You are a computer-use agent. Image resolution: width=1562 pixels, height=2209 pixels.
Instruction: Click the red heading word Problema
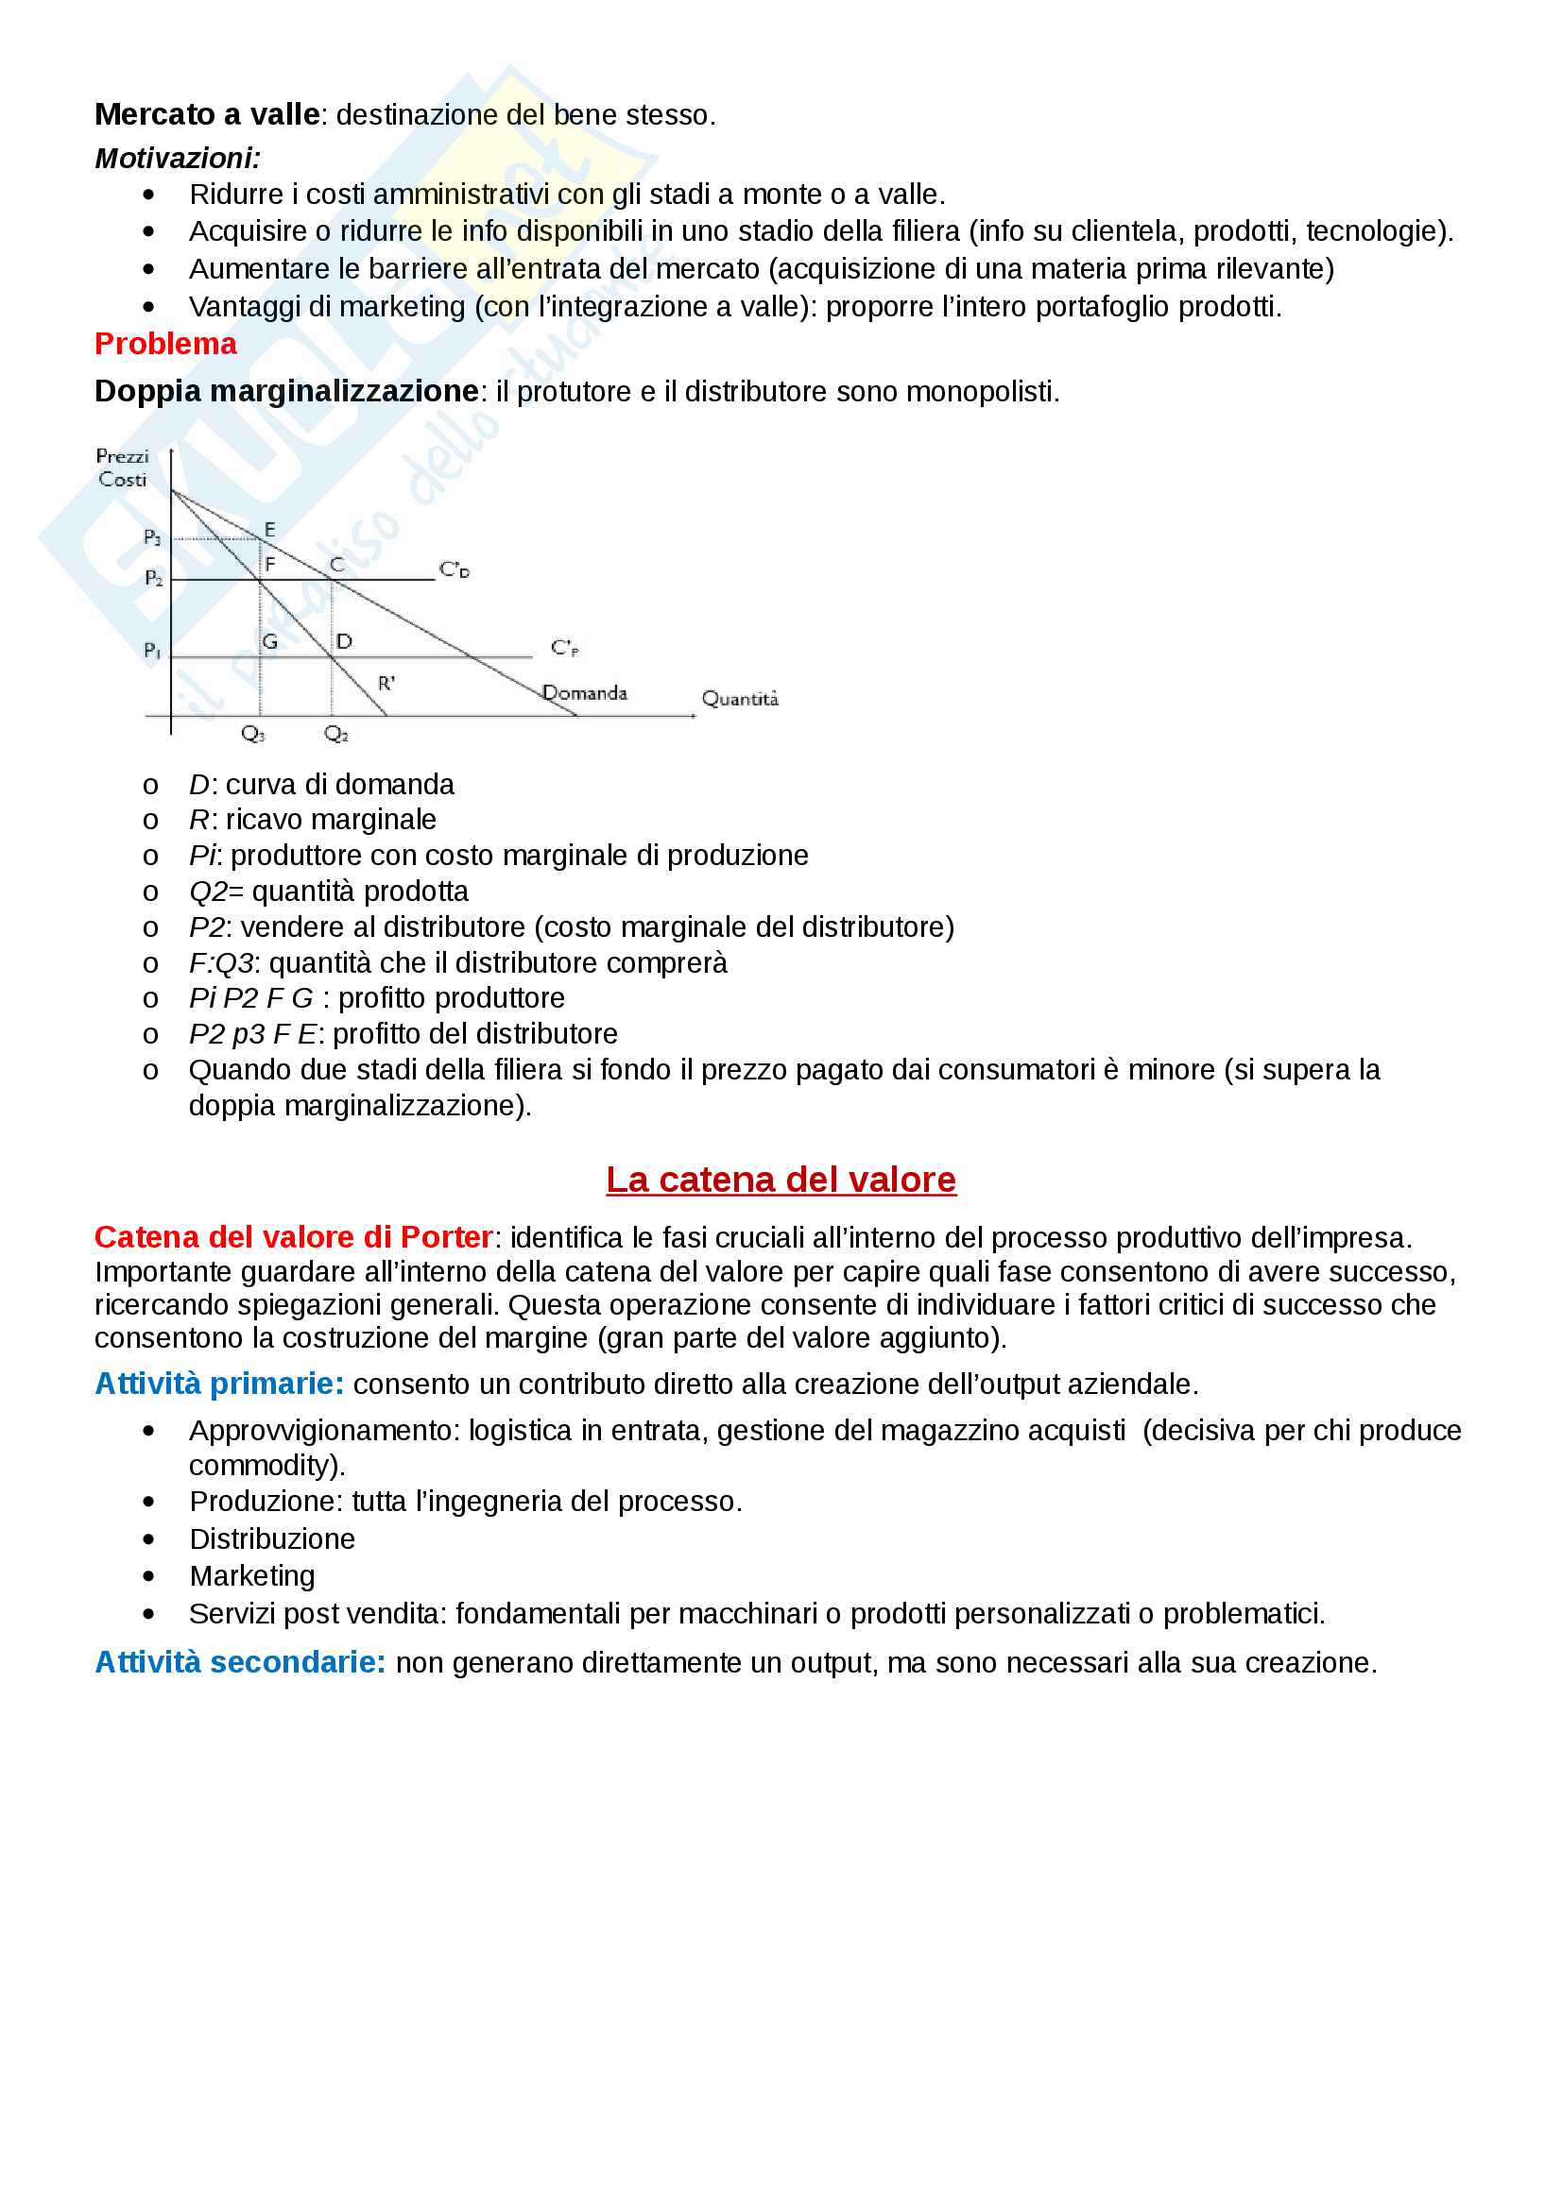tap(165, 344)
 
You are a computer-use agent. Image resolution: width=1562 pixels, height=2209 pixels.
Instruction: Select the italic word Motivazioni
tap(177, 158)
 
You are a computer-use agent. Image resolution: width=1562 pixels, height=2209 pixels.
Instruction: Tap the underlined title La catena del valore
tap(781, 1180)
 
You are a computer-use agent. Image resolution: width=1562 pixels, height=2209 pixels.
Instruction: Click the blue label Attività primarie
tap(219, 1384)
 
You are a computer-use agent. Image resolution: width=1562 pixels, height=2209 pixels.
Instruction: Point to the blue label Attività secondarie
tap(240, 1662)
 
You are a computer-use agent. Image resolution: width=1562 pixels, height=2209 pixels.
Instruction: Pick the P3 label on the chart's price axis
tap(152, 536)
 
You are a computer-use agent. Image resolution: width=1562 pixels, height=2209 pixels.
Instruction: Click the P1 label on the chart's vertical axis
tap(152, 651)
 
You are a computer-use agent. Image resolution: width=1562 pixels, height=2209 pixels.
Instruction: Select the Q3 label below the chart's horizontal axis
tap(252, 734)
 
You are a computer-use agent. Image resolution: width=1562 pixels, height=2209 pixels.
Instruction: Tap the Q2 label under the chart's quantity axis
tap(335, 734)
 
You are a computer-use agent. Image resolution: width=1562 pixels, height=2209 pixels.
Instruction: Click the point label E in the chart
tap(269, 529)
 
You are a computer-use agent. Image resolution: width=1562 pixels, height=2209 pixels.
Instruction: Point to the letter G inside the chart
tap(270, 641)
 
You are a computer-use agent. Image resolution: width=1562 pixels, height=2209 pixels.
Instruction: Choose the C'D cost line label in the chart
tap(455, 569)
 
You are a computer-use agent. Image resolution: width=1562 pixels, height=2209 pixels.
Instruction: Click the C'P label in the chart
tap(565, 648)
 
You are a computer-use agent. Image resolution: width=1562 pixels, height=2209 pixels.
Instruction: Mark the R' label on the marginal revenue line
tap(386, 683)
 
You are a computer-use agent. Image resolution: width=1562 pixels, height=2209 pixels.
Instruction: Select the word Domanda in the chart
tap(585, 692)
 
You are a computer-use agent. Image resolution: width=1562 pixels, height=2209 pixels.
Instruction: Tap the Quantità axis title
tap(740, 699)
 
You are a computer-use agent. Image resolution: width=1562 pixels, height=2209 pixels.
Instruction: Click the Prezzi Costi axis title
tap(122, 467)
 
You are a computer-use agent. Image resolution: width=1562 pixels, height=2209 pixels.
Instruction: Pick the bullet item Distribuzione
tap(272, 1538)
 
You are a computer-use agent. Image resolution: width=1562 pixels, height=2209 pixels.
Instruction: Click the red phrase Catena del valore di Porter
tap(294, 1236)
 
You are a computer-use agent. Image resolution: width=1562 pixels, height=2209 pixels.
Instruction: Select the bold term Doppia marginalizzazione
tap(285, 392)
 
